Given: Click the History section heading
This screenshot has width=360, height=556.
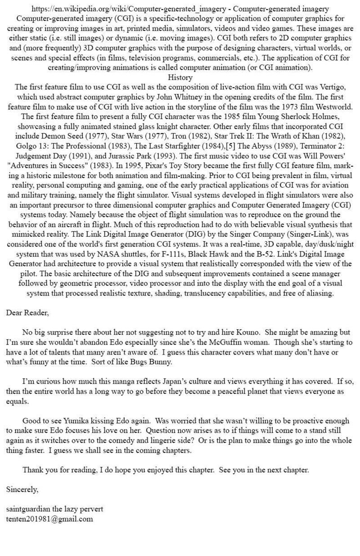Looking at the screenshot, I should (x=180, y=77).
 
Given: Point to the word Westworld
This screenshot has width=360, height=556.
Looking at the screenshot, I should (x=335, y=107).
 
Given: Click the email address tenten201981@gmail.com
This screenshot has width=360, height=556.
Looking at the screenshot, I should (x=49, y=519).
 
